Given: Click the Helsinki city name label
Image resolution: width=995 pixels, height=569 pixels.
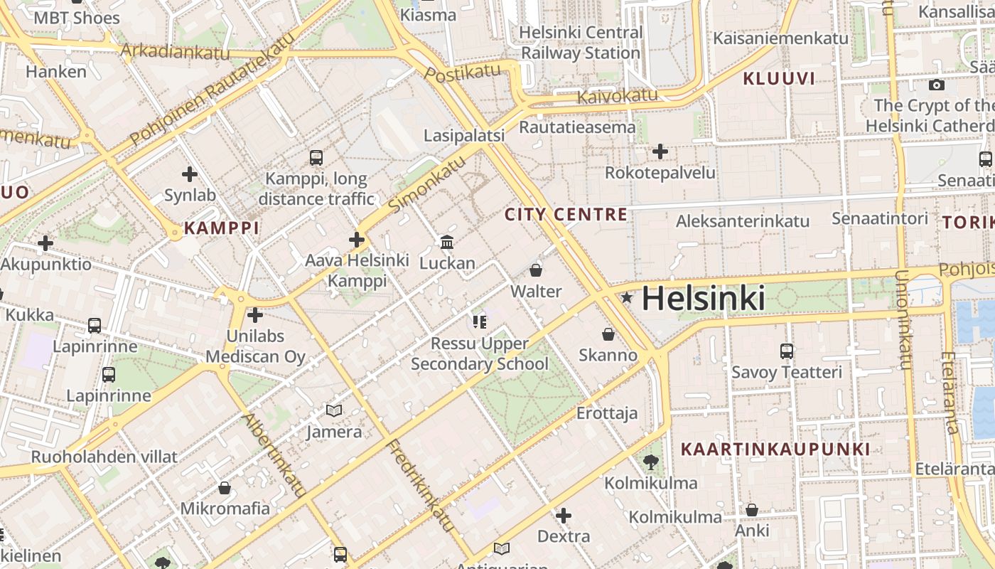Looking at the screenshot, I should tap(703, 299).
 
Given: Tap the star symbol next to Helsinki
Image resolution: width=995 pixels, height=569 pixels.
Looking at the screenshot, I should tap(626, 298).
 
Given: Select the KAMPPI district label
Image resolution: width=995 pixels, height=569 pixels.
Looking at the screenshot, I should tap(221, 228).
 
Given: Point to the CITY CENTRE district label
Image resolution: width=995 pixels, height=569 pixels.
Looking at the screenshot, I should tap(566, 214).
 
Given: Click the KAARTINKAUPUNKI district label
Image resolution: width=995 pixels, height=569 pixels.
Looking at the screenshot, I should tap(775, 450).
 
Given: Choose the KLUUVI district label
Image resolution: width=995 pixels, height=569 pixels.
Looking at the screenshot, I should tap(779, 79).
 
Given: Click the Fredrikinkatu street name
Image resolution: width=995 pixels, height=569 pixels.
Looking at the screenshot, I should tap(420, 485).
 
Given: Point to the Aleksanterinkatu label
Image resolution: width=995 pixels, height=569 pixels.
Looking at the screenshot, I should tap(742, 221).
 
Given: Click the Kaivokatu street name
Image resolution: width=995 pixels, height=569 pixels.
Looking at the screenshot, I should tap(617, 95).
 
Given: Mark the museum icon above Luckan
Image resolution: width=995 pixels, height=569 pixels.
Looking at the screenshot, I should tap(447, 243).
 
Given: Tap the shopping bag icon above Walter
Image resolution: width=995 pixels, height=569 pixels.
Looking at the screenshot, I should tap(536, 270).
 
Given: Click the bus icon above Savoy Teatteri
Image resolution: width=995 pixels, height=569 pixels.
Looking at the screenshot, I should tap(786, 351).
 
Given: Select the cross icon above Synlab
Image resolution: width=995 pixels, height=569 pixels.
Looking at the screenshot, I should tap(190, 174).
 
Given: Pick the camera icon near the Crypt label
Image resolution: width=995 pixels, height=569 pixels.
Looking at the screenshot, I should tap(937, 85).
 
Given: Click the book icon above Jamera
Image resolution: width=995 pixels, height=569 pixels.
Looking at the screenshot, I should tap(334, 410).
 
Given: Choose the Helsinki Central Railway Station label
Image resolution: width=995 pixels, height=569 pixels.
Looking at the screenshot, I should tap(581, 43).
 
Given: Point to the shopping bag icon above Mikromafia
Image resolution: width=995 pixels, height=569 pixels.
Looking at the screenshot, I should tap(225, 488).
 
